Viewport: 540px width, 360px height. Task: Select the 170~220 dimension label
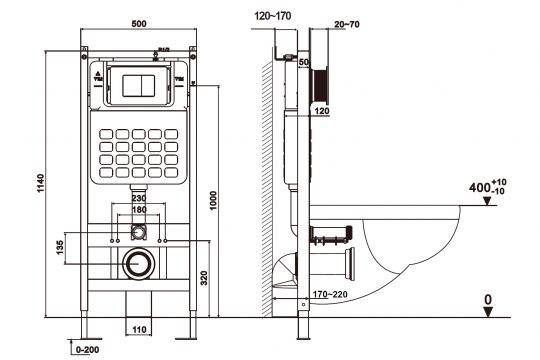point(328,295)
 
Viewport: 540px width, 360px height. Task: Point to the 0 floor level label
point(488,298)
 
